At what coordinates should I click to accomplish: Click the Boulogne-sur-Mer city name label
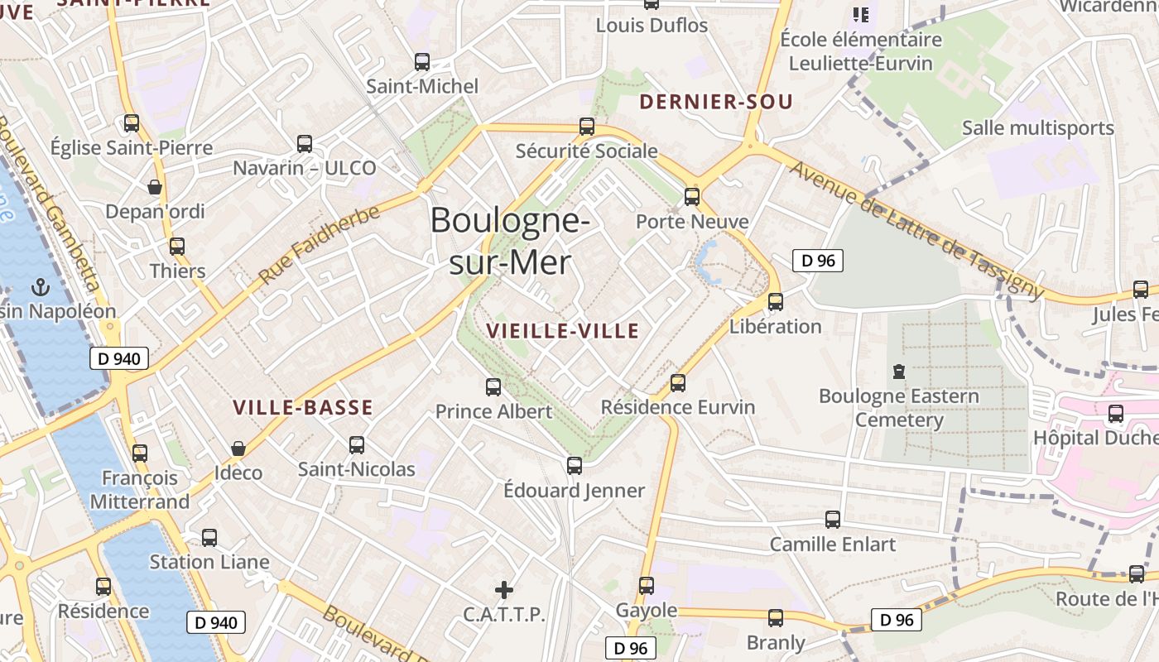point(510,241)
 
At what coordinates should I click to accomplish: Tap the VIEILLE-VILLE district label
point(562,331)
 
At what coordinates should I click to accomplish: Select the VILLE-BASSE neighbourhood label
point(302,407)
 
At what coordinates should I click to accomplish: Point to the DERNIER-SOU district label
point(716,102)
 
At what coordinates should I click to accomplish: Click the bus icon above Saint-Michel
point(422,61)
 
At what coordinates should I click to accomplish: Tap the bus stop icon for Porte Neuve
point(692,197)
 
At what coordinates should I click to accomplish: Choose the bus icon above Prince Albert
point(493,386)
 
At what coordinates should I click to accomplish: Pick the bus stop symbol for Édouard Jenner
point(575,465)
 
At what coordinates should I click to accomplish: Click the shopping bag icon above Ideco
point(238,449)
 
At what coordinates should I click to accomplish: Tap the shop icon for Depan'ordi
point(155,187)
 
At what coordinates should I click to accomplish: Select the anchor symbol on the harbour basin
point(39,287)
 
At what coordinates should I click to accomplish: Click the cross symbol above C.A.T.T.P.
point(503,589)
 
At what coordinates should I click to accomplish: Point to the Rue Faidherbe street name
point(320,245)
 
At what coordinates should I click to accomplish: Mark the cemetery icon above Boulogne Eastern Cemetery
point(899,372)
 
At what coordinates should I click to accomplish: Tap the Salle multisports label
point(1037,128)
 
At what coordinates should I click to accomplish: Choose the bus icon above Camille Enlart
point(833,520)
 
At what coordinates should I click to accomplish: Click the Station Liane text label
point(209,562)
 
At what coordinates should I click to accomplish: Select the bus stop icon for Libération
point(776,302)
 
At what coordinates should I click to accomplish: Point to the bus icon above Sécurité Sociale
point(587,127)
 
